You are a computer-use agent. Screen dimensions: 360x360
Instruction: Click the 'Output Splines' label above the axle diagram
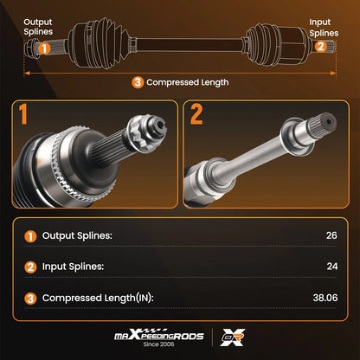[x=38, y=27]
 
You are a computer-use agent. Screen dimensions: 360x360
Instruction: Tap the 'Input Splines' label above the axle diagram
[x=324, y=28]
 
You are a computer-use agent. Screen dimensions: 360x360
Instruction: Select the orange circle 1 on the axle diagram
[x=44, y=48]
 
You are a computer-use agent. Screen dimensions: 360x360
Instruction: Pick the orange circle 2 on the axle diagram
[x=320, y=46]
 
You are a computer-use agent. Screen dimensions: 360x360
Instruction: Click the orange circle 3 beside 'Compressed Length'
[x=138, y=82]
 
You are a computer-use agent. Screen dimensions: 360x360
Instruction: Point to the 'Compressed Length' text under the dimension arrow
[x=188, y=82]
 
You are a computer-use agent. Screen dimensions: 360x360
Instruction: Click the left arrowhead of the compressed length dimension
[x=27, y=74]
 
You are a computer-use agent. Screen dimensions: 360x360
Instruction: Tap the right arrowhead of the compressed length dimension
[x=333, y=74]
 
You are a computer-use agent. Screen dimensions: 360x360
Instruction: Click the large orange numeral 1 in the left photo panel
[x=23, y=114]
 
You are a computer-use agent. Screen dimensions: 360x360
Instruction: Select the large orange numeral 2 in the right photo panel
[x=196, y=114]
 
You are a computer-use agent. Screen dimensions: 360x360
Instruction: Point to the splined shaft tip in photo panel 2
[x=323, y=124]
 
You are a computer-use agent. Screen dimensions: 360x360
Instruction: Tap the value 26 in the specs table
[x=331, y=235]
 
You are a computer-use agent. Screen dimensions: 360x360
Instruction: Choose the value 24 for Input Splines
[x=332, y=267]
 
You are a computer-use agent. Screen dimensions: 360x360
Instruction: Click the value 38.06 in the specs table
[x=325, y=298]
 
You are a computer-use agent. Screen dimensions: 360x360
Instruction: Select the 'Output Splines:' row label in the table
[x=77, y=236]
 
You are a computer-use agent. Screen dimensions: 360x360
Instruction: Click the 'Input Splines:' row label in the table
[x=73, y=267]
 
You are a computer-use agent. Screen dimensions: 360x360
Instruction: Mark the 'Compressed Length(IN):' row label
[x=98, y=298]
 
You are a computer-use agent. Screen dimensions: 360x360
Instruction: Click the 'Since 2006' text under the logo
[x=158, y=344]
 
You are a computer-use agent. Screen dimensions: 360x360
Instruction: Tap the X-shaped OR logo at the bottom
[x=233, y=337]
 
